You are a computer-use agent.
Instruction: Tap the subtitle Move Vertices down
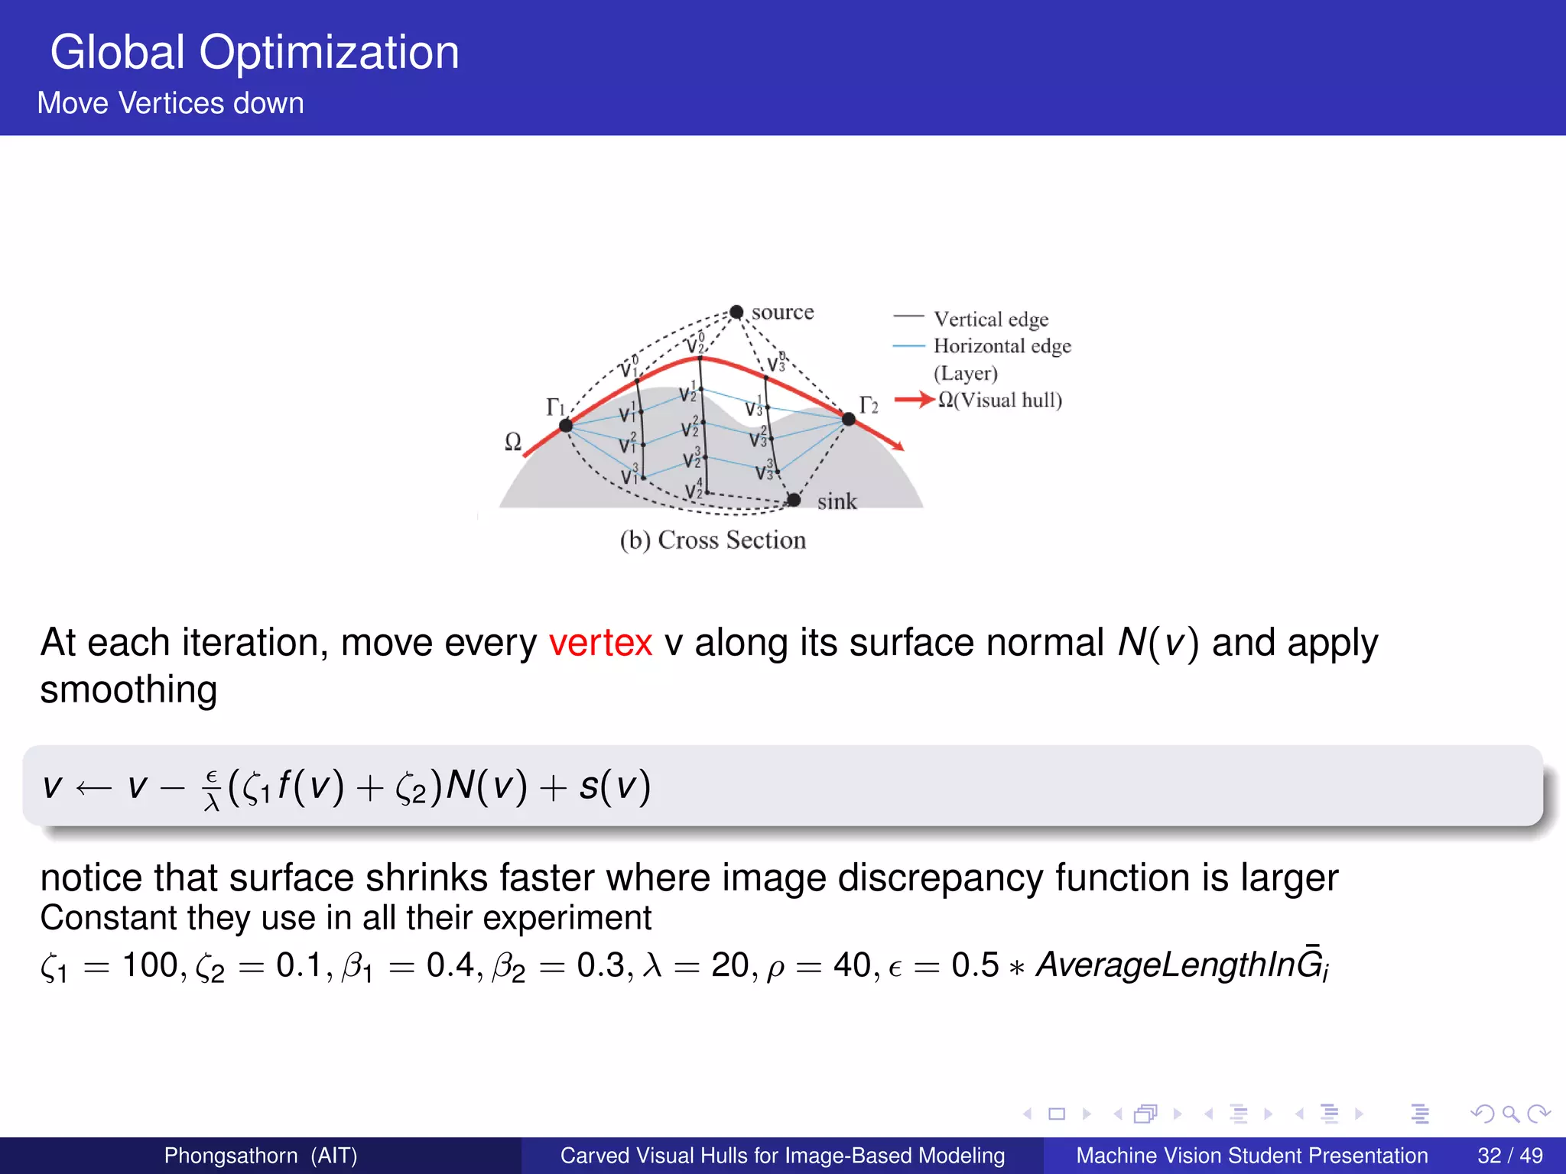171,103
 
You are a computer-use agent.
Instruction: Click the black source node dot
736,312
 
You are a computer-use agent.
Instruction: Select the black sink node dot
794,500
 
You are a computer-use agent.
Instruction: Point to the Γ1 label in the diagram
556,407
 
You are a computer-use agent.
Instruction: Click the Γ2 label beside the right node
869,405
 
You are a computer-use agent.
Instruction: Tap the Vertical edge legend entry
990,319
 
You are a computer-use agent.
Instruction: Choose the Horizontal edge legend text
1002,346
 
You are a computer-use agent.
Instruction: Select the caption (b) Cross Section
713,540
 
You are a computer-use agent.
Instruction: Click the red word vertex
600,643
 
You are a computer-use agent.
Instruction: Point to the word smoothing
128,690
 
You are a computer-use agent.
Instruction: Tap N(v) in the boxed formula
486,786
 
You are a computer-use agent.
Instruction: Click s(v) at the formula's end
615,786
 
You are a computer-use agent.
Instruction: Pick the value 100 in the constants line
150,965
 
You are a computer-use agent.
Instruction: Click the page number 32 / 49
1509,1156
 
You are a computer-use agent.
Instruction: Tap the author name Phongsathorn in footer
230,1156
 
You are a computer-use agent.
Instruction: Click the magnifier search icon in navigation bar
1510,1114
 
